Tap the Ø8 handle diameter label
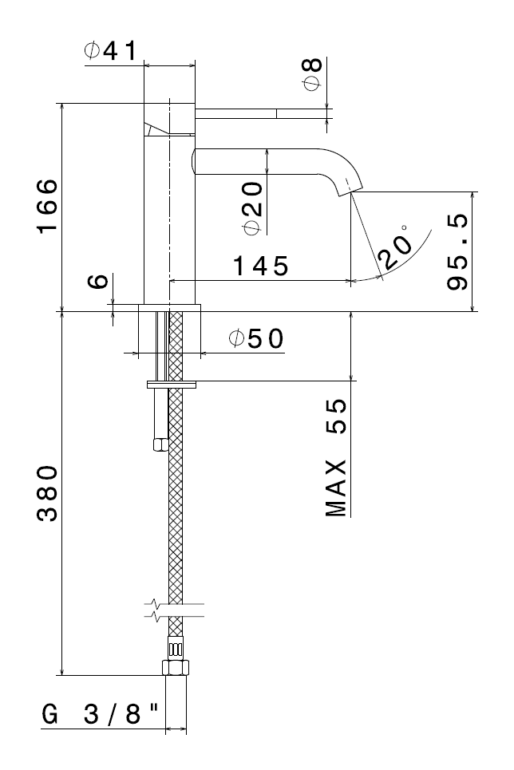click(x=313, y=74)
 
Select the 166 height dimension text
click(x=47, y=206)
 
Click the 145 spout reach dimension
click(x=260, y=267)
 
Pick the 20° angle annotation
click(x=395, y=247)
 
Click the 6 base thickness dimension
click(x=98, y=282)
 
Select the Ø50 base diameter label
click(x=256, y=338)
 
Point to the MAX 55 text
click(x=337, y=458)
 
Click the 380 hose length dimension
click(x=47, y=493)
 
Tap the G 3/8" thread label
click(x=101, y=713)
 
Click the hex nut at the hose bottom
click(x=176, y=668)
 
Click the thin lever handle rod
click(x=264, y=113)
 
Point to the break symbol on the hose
click(x=175, y=610)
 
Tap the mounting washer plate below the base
click(x=172, y=385)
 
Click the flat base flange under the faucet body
click(x=169, y=307)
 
